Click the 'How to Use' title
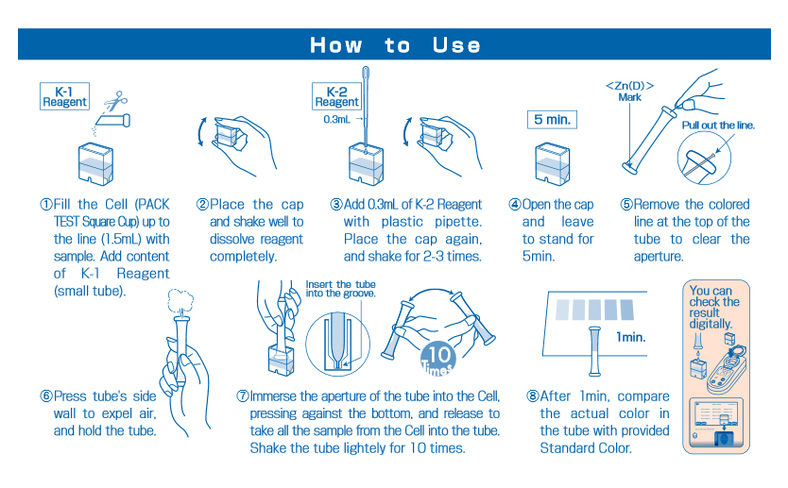tap(395, 45)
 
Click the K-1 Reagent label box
tap(65, 96)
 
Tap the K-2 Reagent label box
tap(336, 96)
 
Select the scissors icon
tap(116, 99)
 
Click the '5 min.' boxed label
tap(553, 120)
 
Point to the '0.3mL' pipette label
tap(336, 120)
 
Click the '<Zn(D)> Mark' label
tap(629, 92)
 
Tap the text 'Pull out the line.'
tap(718, 126)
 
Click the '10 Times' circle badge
tap(438, 359)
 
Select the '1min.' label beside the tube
tap(631, 337)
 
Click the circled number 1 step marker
tap(46, 204)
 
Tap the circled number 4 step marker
tap(515, 204)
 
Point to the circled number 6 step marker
tap(46, 396)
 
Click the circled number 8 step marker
tap(533, 396)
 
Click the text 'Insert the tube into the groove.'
tap(341, 289)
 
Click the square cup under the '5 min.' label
tap(553, 163)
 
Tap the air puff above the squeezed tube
tap(180, 302)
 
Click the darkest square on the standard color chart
tap(627, 310)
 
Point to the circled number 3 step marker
tap(336, 204)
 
